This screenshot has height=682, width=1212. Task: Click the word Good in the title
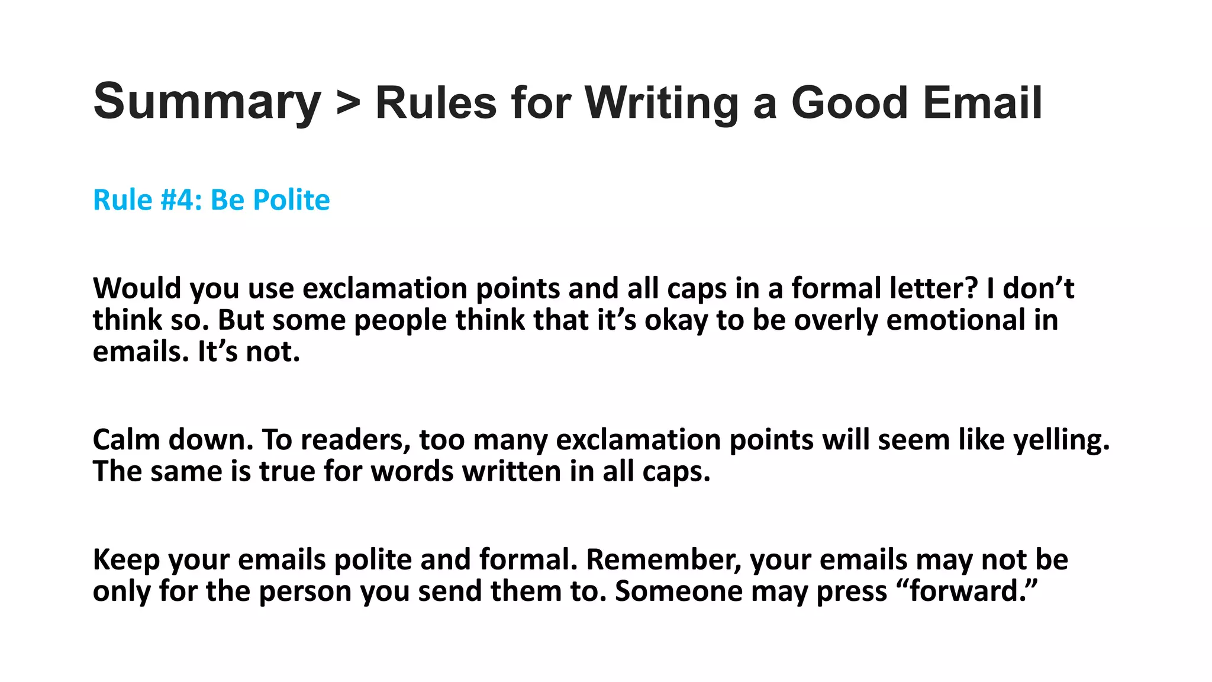[849, 103]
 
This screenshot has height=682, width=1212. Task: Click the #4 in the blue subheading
[175, 200]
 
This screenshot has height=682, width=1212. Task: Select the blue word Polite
[291, 200]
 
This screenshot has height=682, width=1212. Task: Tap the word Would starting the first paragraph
[137, 289]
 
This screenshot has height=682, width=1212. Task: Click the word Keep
[126, 560]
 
